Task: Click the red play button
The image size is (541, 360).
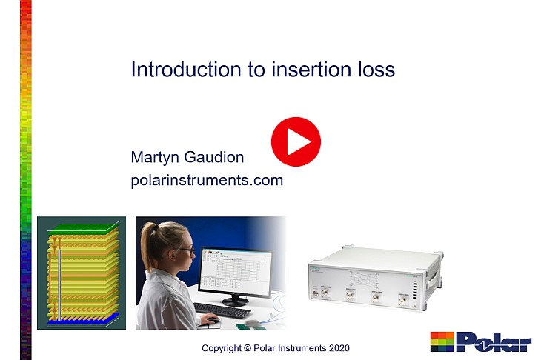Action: [x=296, y=141]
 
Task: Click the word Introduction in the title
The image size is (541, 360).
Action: [x=186, y=70]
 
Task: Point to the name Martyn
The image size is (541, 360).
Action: [x=155, y=158]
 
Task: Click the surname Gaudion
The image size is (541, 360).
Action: [x=214, y=157]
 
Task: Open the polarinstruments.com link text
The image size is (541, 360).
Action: [x=207, y=180]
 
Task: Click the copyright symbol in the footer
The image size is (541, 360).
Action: [x=248, y=348]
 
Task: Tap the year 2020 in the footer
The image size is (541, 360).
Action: [x=339, y=348]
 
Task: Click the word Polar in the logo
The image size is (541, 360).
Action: [x=494, y=341]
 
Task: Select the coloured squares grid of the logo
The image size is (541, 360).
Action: [x=442, y=341]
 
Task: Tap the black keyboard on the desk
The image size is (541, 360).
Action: [x=222, y=310]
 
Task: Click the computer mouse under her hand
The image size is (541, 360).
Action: [x=212, y=321]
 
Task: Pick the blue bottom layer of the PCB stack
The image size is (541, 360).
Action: [x=83, y=319]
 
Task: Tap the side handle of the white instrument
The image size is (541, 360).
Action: [x=434, y=280]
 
